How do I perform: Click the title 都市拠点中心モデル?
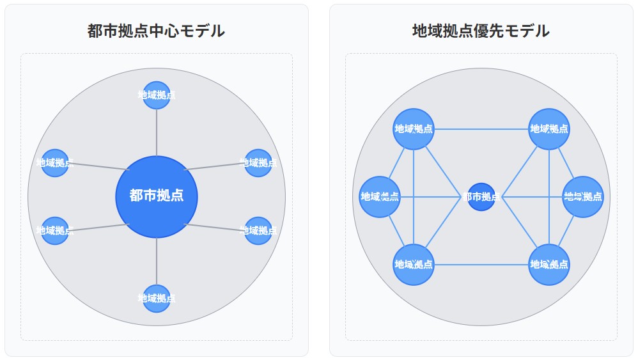(x=156, y=31)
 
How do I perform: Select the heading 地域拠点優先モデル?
(x=481, y=31)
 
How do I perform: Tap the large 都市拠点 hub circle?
(x=157, y=196)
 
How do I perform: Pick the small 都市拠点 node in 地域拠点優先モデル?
(x=481, y=197)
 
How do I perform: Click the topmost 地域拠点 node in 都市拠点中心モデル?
(x=157, y=95)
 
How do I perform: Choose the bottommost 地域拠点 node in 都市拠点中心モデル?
(x=157, y=299)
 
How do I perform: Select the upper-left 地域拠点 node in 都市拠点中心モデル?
(x=54, y=163)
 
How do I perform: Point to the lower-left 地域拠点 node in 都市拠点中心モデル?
(x=54, y=231)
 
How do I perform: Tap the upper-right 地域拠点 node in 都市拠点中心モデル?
(x=258, y=163)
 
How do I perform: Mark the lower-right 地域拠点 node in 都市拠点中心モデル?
(x=258, y=231)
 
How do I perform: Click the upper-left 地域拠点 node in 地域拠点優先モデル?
(x=414, y=129)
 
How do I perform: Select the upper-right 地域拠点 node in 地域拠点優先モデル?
(x=549, y=129)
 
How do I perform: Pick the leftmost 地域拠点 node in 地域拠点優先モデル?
(x=380, y=197)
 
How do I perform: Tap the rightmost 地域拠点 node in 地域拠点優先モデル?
(x=583, y=197)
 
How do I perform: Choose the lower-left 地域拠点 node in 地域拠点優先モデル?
(x=414, y=265)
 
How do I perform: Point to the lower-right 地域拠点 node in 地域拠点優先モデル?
(x=549, y=265)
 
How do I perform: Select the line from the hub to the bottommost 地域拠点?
(x=157, y=261)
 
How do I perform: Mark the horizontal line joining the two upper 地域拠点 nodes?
(x=481, y=129)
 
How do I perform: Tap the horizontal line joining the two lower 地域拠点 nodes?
(x=481, y=265)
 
